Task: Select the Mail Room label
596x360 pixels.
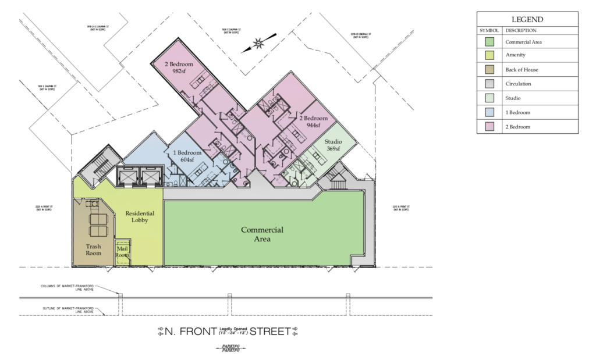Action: pyautogui.click(x=122, y=252)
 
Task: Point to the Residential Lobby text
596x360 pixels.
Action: pyautogui.click(x=140, y=217)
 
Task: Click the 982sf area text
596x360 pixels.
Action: pyautogui.click(x=179, y=72)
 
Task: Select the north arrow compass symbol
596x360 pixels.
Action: pyautogui.click(x=257, y=44)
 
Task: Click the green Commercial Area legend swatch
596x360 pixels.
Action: pyautogui.click(x=490, y=42)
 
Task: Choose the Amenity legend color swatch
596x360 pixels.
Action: pyautogui.click(x=490, y=55)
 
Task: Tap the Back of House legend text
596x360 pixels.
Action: pyautogui.click(x=521, y=70)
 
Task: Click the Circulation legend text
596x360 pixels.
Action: pyautogui.click(x=518, y=84)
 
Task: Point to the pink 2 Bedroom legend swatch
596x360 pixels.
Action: pyautogui.click(x=490, y=126)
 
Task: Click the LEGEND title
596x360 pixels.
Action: pyautogui.click(x=527, y=19)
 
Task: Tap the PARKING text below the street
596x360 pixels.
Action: pyautogui.click(x=230, y=348)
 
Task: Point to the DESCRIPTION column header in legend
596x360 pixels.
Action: pyautogui.click(x=520, y=30)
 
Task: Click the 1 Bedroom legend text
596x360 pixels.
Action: pyautogui.click(x=517, y=112)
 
